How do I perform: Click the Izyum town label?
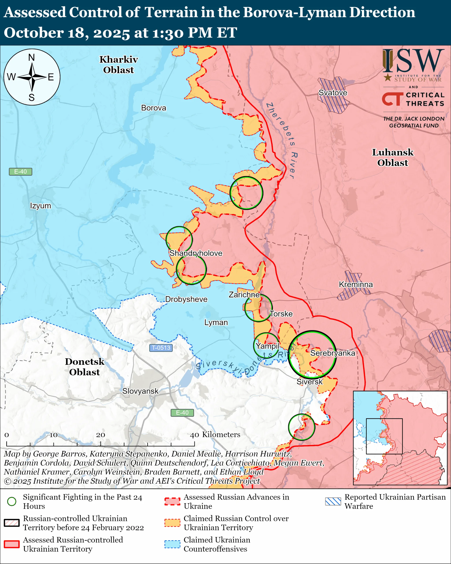click(x=41, y=206)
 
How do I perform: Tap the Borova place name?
click(x=153, y=108)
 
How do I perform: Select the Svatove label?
click(x=333, y=93)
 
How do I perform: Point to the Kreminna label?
click(x=356, y=284)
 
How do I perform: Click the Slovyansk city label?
click(x=140, y=391)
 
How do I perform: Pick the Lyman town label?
click(x=216, y=322)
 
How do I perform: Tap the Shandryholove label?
click(x=196, y=253)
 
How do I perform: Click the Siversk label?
click(x=309, y=381)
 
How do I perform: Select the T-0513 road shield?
click(x=161, y=348)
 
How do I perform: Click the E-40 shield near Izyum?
click(x=20, y=172)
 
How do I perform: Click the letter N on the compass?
click(x=31, y=57)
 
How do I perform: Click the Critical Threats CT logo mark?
click(x=392, y=99)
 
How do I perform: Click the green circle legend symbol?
click(x=12, y=501)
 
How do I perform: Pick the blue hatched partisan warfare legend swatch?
click(x=333, y=501)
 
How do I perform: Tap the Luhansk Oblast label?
click(x=393, y=157)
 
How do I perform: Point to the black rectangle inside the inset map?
click(x=384, y=436)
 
